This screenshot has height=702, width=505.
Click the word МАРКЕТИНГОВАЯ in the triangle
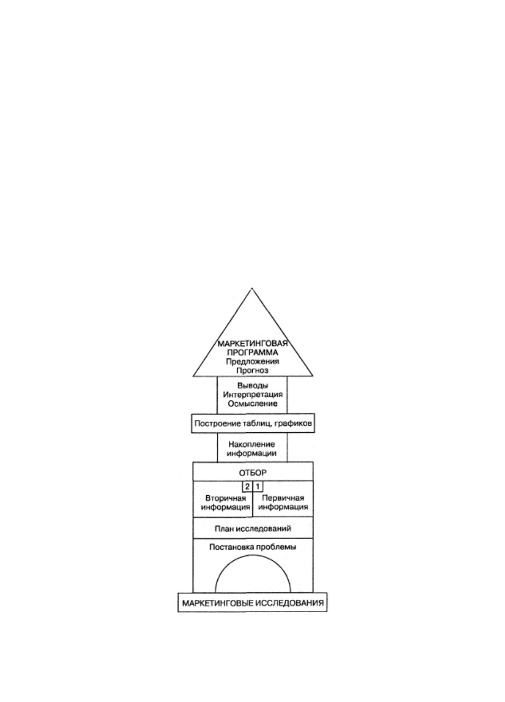[x=253, y=343]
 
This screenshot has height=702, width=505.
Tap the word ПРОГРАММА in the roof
[x=253, y=352]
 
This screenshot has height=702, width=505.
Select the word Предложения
[x=253, y=361]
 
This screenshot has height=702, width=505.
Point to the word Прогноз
[x=253, y=370]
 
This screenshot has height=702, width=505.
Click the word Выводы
[x=253, y=386]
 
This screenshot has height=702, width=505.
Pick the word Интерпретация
[x=253, y=395]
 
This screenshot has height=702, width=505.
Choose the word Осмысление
[x=253, y=404]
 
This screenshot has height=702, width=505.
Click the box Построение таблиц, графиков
[x=253, y=423]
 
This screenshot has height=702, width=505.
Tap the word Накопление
[x=252, y=444]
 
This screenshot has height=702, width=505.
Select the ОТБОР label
[x=253, y=473]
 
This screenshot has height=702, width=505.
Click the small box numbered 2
[x=247, y=487]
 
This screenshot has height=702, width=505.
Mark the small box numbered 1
[x=258, y=487]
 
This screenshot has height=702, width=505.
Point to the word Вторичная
[x=226, y=498]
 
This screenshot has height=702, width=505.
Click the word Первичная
[x=283, y=498]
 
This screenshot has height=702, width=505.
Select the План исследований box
[x=253, y=528]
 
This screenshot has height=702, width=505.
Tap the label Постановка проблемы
[x=253, y=547]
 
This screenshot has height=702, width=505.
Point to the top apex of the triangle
[x=252, y=288]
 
